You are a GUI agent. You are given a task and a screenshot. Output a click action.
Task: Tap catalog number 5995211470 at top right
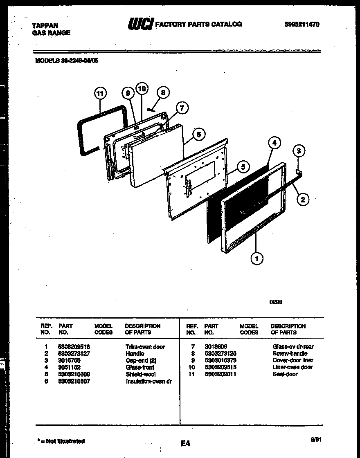[x=302, y=24]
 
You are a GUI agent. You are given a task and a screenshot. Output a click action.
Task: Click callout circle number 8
[x=163, y=93]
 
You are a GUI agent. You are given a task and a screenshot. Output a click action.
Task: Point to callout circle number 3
[x=299, y=151]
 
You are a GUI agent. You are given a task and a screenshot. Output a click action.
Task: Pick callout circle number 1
[x=257, y=258]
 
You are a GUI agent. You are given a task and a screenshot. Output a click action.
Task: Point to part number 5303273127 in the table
[x=74, y=353]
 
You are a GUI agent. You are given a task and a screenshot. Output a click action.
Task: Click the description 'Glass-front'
[x=140, y=367]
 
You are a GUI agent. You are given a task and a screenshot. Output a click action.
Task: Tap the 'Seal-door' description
[x=285, y=374]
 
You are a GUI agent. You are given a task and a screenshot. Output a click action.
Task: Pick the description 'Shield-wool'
[x=140, y=374]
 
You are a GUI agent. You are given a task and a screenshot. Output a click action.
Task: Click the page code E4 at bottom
[x=185, y=443]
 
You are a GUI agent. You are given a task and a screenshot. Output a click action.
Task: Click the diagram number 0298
[x=276, y=302]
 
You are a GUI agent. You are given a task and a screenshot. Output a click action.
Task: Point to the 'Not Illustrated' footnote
[x=61, y=441]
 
